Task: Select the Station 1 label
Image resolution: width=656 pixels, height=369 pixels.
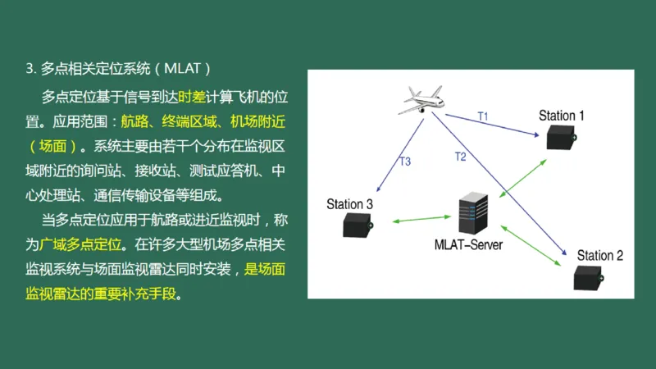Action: (x=562, y=116)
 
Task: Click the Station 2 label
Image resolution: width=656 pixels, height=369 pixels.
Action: (x=599, y=255)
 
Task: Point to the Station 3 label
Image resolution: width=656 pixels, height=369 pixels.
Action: (x=349, y=204)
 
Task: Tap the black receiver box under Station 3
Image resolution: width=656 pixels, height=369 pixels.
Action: (x=358, y=223)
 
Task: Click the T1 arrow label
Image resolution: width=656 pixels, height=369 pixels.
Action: (x=483, y=116)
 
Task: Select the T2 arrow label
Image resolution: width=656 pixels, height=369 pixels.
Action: (x=460, y=156)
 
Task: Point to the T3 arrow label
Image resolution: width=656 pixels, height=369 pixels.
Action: (x=405, y=162)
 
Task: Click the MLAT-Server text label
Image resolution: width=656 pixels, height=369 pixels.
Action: (x=468, y=244)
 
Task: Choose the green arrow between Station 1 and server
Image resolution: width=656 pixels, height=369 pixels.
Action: (x=523, y=174)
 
